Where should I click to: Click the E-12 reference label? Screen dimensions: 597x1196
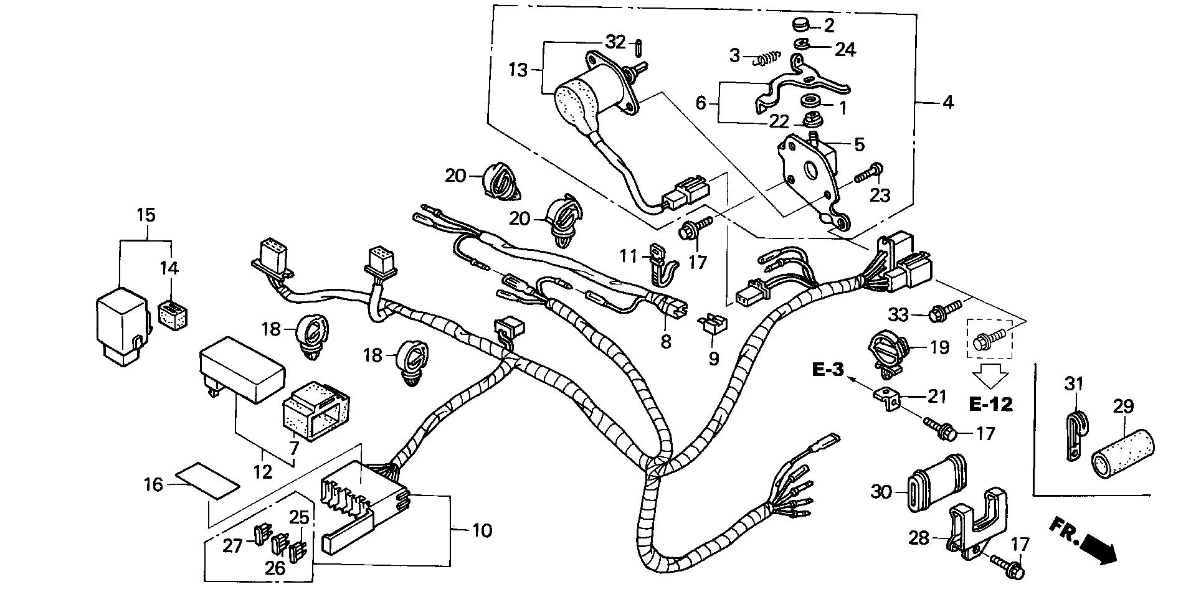[x=990, y=405]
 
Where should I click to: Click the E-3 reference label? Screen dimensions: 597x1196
[x=828, y=370]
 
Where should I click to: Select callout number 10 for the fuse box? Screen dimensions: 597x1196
[x=482, y=530]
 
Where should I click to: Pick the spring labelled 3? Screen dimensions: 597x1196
[x=766, y=60]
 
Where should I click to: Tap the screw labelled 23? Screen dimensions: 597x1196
[x=869, y=172]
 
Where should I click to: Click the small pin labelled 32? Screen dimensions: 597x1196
[x=640, y=47]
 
